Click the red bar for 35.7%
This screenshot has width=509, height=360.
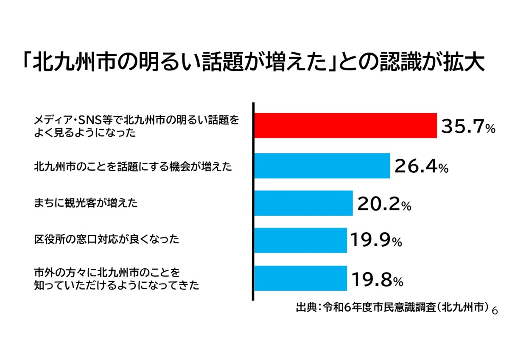click(x=345, y=126)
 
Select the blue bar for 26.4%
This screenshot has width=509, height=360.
click(x=322, y=166)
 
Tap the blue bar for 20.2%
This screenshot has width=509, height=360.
click(x=303, y=203)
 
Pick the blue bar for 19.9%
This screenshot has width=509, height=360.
click(x=300, y=240)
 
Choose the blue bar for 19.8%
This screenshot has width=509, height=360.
click(x=300, y=278)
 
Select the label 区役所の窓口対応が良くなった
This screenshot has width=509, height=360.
click(x=106, y=240)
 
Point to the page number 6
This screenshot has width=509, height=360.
click(x=494, y=311)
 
